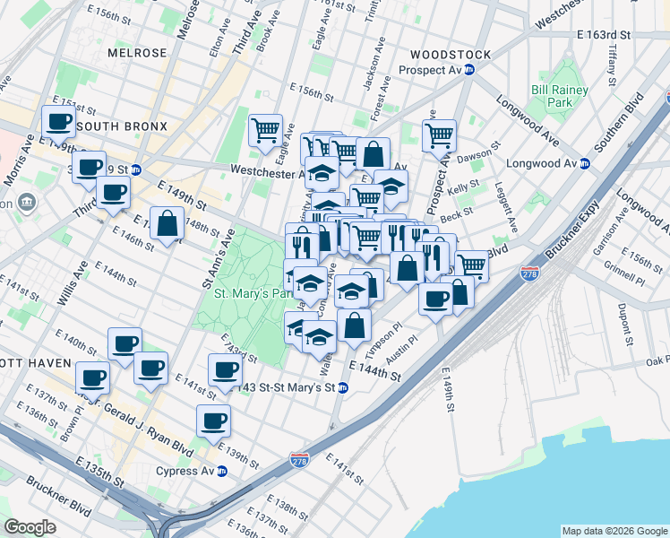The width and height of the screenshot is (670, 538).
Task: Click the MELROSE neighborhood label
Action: [137, 53]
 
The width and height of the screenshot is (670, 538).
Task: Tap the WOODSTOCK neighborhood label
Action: [451, 55]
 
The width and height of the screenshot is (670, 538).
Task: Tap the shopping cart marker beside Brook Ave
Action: [265, 131]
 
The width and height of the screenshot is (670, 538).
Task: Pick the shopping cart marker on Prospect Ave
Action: [438, 136]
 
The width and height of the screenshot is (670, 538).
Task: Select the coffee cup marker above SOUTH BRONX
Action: [58, 121]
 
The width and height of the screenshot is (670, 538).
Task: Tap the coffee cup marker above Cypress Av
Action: [213, 420]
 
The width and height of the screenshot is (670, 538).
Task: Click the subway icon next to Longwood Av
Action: [585, 163]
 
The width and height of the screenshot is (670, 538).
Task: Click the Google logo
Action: [30, 526]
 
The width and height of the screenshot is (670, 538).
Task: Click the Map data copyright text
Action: [614, 530]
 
